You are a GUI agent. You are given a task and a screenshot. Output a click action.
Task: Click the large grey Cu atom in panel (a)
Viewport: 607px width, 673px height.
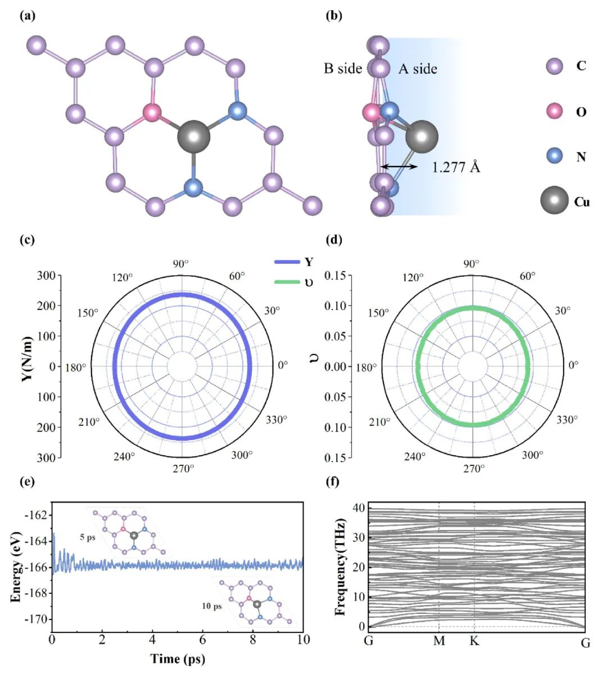[193, 137]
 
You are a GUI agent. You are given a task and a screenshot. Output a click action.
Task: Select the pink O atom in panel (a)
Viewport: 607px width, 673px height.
[152, 113]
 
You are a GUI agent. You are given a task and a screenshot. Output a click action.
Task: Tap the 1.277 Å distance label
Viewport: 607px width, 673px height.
[456, 167]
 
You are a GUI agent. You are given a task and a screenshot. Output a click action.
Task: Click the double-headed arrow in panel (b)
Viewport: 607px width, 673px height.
[398, 167]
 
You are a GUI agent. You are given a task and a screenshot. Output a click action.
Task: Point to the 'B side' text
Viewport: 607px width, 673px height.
[343, 69]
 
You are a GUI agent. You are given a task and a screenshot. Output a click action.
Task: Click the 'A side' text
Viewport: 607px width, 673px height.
[418, 69]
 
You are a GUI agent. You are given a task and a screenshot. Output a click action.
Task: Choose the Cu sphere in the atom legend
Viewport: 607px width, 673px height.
[554, 200]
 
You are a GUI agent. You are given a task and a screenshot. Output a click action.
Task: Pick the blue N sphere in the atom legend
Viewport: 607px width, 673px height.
[555, 156]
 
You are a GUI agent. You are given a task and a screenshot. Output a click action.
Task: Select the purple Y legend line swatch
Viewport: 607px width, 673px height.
[287, 262]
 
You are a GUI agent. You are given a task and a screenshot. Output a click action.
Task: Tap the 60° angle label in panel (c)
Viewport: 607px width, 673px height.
[237, 276]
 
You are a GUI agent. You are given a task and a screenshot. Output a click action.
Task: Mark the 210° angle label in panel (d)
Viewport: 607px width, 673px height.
[380, 422]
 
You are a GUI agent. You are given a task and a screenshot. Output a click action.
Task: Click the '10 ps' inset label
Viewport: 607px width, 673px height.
[212, 606]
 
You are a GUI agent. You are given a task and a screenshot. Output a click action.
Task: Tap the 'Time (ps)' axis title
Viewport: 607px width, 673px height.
[178, 658]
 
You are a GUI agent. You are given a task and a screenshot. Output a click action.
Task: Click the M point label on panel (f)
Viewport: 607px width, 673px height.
[439, 641]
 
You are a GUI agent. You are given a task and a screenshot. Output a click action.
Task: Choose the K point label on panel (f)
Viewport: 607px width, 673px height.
[474, 641]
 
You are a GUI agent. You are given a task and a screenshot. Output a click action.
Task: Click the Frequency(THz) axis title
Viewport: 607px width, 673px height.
[340, 567]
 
